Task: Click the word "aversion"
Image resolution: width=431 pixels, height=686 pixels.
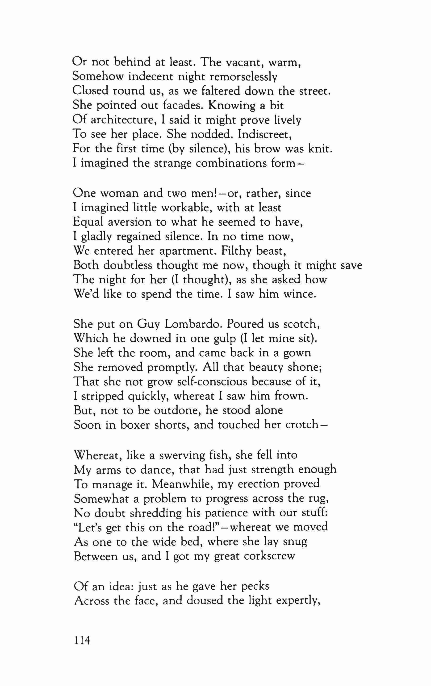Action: click(130, 222)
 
